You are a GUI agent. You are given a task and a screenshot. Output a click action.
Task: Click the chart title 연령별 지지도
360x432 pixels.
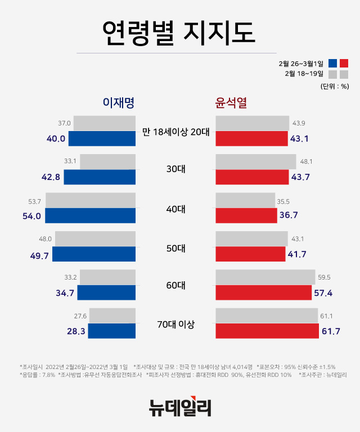pyautogui.click(x=180, y=33)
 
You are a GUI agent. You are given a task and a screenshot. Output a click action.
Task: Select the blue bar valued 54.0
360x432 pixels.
pyautogui.click(x=90, y=215)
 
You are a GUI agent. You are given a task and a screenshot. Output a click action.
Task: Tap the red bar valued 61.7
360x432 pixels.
pyautogui.click(x=267, y=331)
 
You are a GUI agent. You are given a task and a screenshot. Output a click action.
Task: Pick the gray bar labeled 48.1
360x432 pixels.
pyautogui.click(x=256, y=161)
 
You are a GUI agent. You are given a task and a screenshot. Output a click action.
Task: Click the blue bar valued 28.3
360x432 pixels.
pyautogui.click(x=112, y=331)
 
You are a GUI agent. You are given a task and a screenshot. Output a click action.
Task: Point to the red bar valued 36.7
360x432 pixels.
pyautogui.click(x=246, y=215)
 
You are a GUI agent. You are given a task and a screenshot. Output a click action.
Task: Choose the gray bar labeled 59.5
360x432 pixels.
pyautogui.click(x=265, y=277)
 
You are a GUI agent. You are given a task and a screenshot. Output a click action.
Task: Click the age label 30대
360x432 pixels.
pyautogui.click(x=175, y=170)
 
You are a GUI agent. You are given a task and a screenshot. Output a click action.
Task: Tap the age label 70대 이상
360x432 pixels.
pyautogui.click(x=175, y=324)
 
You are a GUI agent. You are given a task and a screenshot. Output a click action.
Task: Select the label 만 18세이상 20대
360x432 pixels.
pyautogui.click(x=175, y=132)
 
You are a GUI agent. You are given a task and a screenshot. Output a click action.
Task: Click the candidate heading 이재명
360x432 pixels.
pyautogui.click(x=118, y=103)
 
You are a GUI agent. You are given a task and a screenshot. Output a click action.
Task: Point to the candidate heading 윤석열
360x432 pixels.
pyautogui.click(x=232, y=103)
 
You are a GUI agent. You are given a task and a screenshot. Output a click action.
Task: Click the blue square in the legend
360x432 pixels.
pyautogui.click(x=332, y=63)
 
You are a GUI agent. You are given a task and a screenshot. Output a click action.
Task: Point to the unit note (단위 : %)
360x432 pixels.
pyautogui.click(x=335, y=86)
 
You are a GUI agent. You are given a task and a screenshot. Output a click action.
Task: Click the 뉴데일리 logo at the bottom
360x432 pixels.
pyautogui.click(x=180, y=406)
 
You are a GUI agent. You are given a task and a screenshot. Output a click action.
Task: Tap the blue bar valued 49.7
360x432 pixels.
pyautogui.click(x=94, y=254)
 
